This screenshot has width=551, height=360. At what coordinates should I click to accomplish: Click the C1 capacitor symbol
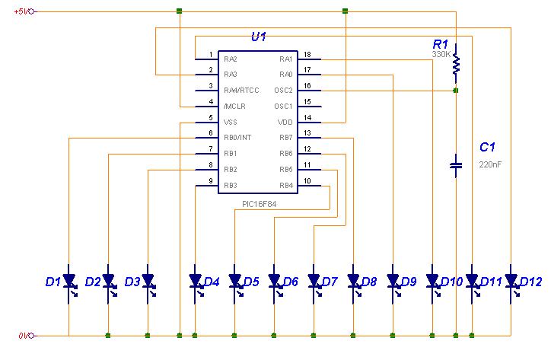[456, 165]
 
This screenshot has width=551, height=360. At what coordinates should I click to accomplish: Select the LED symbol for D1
[68, 281]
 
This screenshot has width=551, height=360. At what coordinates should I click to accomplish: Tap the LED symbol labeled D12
[511, 281]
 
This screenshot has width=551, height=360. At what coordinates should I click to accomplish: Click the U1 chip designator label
[259, 37]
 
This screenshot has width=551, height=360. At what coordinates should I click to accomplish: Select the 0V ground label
[24, 336]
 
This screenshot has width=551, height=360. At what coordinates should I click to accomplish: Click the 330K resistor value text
[441, 55]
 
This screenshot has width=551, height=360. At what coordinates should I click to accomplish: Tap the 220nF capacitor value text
[489, 164]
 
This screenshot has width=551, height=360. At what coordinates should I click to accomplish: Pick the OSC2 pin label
[284, 91]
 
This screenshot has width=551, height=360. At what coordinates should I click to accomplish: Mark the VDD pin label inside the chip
[286, 122]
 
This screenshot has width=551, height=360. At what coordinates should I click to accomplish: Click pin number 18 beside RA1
[307, 54]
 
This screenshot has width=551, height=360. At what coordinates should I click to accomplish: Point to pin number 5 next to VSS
[209, 117]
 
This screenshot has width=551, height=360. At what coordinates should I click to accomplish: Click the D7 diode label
[330, 282]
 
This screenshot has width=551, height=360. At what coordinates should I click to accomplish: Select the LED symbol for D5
[234, 281]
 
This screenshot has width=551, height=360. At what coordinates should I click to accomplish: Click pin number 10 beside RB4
[307, 180]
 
